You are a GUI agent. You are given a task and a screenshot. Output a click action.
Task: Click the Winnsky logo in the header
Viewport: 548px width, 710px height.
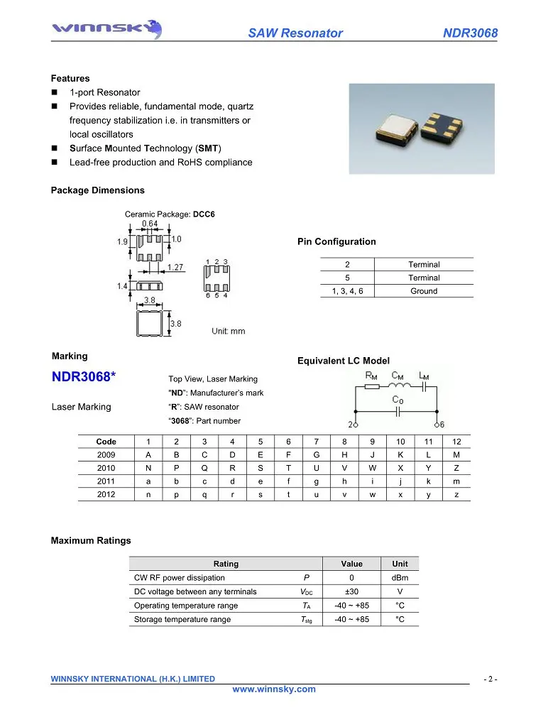point(107,29)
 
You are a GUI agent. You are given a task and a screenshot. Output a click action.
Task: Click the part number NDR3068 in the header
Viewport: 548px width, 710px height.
point(470,33)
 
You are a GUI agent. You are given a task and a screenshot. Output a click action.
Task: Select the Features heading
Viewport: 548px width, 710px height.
point(70,78)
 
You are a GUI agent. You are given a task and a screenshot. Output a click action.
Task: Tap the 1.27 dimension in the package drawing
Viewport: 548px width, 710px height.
point(177,268)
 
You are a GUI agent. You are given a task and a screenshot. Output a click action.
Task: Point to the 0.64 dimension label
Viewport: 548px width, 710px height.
point(150,224)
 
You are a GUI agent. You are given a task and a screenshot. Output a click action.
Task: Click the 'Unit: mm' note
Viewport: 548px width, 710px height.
point(228,331)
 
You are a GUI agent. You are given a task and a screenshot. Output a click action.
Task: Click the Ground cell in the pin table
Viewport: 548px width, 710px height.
point(424,291)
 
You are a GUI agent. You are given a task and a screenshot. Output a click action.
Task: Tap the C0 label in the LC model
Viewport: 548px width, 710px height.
point(398,400)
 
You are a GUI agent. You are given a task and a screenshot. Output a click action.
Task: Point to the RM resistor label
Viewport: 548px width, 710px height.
point(371,375)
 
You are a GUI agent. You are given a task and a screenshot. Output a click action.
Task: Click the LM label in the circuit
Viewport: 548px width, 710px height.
point(424,375)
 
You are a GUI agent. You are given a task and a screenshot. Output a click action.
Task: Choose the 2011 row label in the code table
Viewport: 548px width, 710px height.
point(106,481)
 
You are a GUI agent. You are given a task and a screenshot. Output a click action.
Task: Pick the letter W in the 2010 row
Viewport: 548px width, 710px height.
point(372,468)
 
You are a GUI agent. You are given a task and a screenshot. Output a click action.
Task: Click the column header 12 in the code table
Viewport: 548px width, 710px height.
point(456,442)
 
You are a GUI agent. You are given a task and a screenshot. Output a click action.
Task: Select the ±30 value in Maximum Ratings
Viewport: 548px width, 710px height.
point(351,591)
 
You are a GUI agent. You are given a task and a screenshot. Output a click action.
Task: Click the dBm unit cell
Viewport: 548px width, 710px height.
point(400,578)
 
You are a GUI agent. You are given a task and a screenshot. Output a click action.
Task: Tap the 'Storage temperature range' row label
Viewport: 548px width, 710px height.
point(182,619)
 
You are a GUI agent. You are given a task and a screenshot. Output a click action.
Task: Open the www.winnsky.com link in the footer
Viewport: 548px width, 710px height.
point(274,689)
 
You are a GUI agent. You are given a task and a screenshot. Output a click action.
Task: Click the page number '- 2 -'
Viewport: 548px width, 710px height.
point(490,679)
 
